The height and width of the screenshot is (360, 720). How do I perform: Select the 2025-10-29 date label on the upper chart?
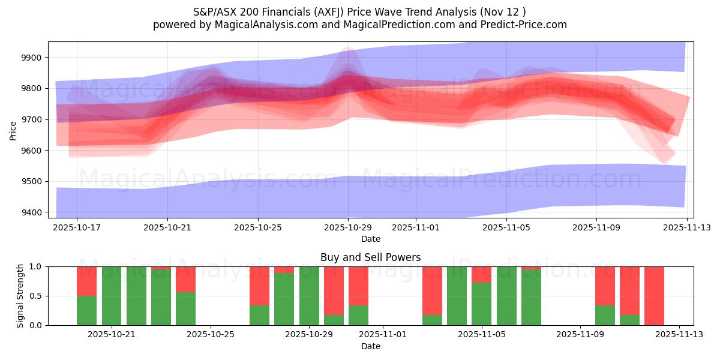pyautogui.click(x=349, y=228)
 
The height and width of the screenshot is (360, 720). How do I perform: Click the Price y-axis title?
pyautogui.click(x=13, y=130)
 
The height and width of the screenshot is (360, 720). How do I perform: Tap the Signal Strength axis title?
pyautogui.click(x=20, y=296)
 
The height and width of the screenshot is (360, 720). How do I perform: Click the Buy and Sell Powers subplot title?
pyautogui.click(x=370, y=257)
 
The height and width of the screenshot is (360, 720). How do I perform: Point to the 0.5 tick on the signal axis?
pyautogui.click(x=35, y=296)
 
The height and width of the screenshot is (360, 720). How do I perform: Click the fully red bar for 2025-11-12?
pyautogui.click(x=654, y=296)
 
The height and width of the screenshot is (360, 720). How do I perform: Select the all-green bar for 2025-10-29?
pyautogui.click(x=309, y=296)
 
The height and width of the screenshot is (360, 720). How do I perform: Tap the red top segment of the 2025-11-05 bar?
pyautogui.click(x=481, y=274)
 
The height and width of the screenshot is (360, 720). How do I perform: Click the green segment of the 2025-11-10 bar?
pyautogui.click(x=605, y=315)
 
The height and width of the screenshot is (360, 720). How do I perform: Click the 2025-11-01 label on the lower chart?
pyautogui.click(x=383, y=334)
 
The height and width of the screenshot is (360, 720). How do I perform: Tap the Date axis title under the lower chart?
pyautogui.click(x=370, y=346)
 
